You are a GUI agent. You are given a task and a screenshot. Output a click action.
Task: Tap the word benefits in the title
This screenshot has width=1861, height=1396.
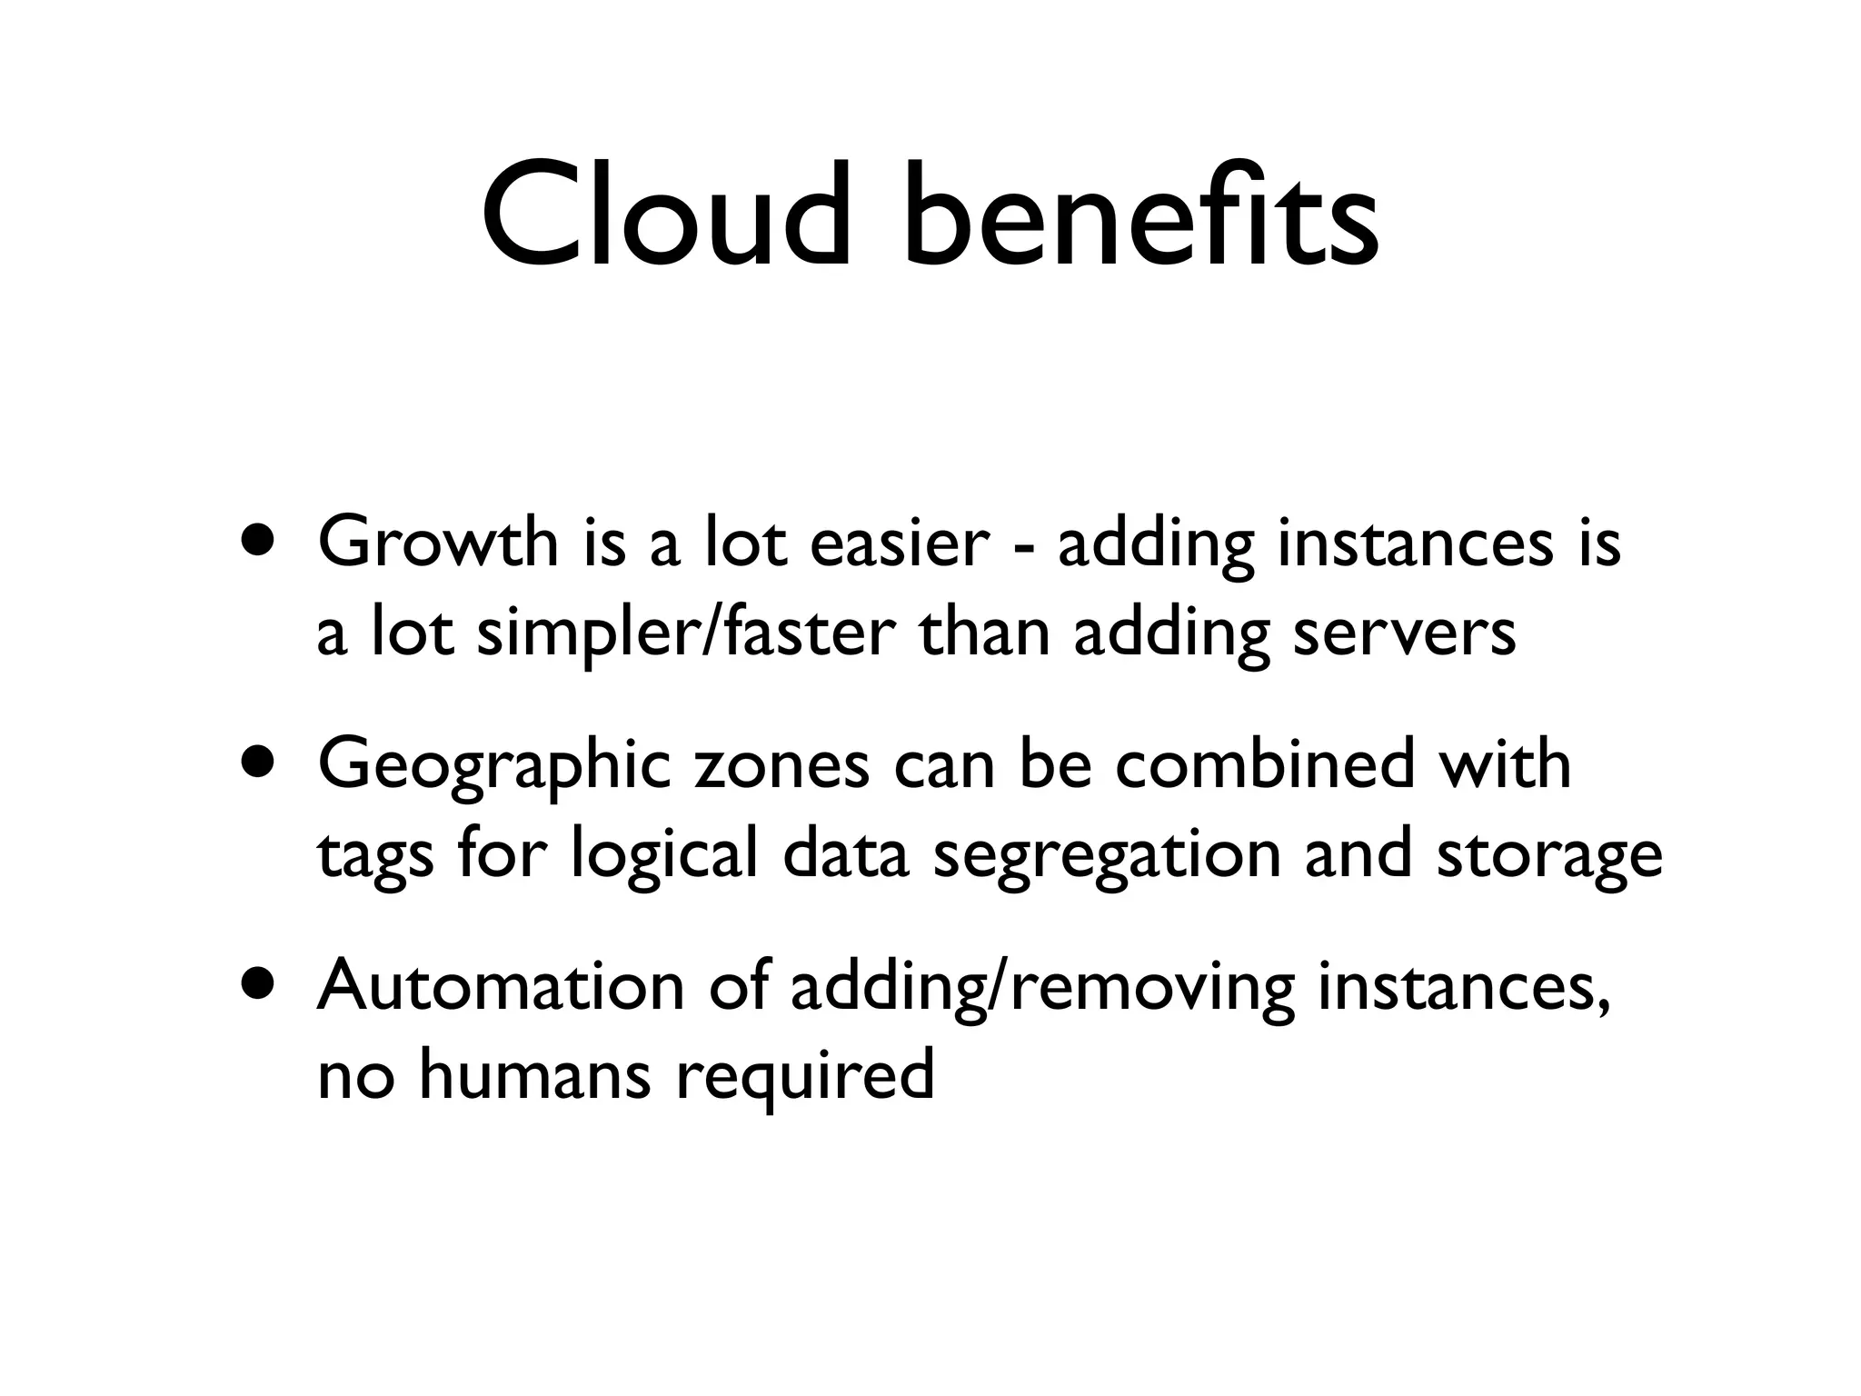coord(1140,216)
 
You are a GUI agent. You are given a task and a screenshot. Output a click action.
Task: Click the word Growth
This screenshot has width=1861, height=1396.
coord(438,543)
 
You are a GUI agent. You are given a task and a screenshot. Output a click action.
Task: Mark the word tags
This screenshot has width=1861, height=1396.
coord(375,857)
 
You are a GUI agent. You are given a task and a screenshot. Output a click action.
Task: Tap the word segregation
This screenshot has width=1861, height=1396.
coord(1107,857)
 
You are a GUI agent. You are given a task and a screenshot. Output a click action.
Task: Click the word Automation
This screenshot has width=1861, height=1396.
coord(500,985)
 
